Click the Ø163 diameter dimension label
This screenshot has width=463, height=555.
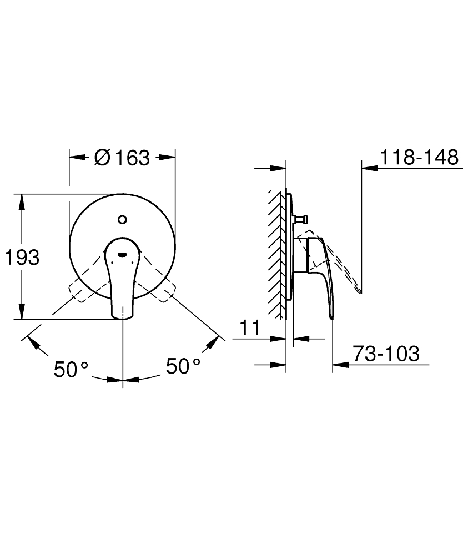(122, 158)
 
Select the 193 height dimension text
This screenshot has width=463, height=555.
(22, 258)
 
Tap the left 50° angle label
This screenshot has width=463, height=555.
(71, 369)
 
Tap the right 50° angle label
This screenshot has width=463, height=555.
(183, 366)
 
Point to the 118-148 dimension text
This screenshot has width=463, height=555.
(419, 158)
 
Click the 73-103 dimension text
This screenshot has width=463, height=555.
(386, 354)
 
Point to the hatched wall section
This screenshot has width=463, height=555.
(275, 253)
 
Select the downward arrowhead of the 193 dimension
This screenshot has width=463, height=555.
(22, 314)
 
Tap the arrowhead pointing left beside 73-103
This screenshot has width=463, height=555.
(339, 365)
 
